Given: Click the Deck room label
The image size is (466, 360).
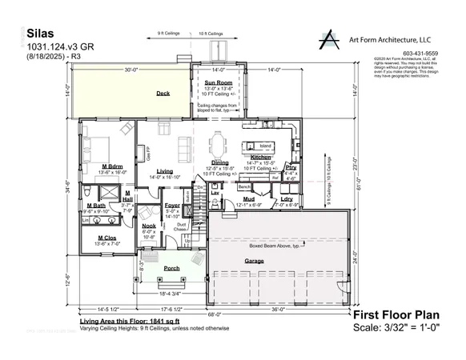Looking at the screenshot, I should click(163, 94).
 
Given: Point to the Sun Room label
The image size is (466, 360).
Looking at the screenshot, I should click(218, 82).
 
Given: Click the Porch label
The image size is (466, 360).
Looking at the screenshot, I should click(171, 268).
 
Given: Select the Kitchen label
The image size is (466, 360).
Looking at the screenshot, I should click(260, 157).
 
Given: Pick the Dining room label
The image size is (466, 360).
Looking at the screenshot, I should click(219, 161).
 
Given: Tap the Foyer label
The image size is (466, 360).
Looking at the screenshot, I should click(173, 205).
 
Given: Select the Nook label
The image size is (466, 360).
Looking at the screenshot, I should click(148, 226).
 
